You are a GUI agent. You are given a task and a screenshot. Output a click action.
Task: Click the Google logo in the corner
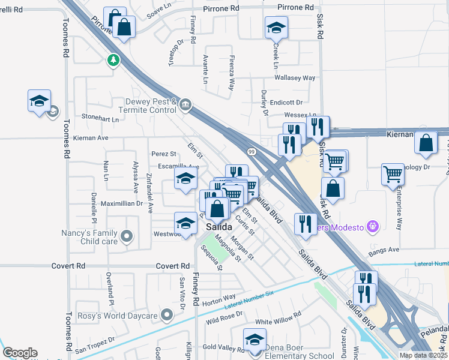(x=20, y=353)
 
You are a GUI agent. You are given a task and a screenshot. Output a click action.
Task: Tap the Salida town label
(x=218, y=227)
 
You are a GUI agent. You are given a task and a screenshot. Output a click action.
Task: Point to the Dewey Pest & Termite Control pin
(x=185, y=106)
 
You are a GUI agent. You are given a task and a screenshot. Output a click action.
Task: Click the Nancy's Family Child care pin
(x=126, y=236)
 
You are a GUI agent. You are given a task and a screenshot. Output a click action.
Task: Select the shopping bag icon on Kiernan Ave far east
(x=426, y=143)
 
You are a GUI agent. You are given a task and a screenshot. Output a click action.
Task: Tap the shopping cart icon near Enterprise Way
(x=393, y=174)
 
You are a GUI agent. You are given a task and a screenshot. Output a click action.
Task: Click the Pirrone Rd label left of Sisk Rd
(x=295, y=7)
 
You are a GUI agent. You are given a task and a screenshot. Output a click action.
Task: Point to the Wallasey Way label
(x=295, y=78)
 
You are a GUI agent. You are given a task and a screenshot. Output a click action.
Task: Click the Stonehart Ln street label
(x=100, y=119)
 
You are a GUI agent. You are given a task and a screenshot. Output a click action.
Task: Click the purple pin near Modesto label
(x=373, y=226)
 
